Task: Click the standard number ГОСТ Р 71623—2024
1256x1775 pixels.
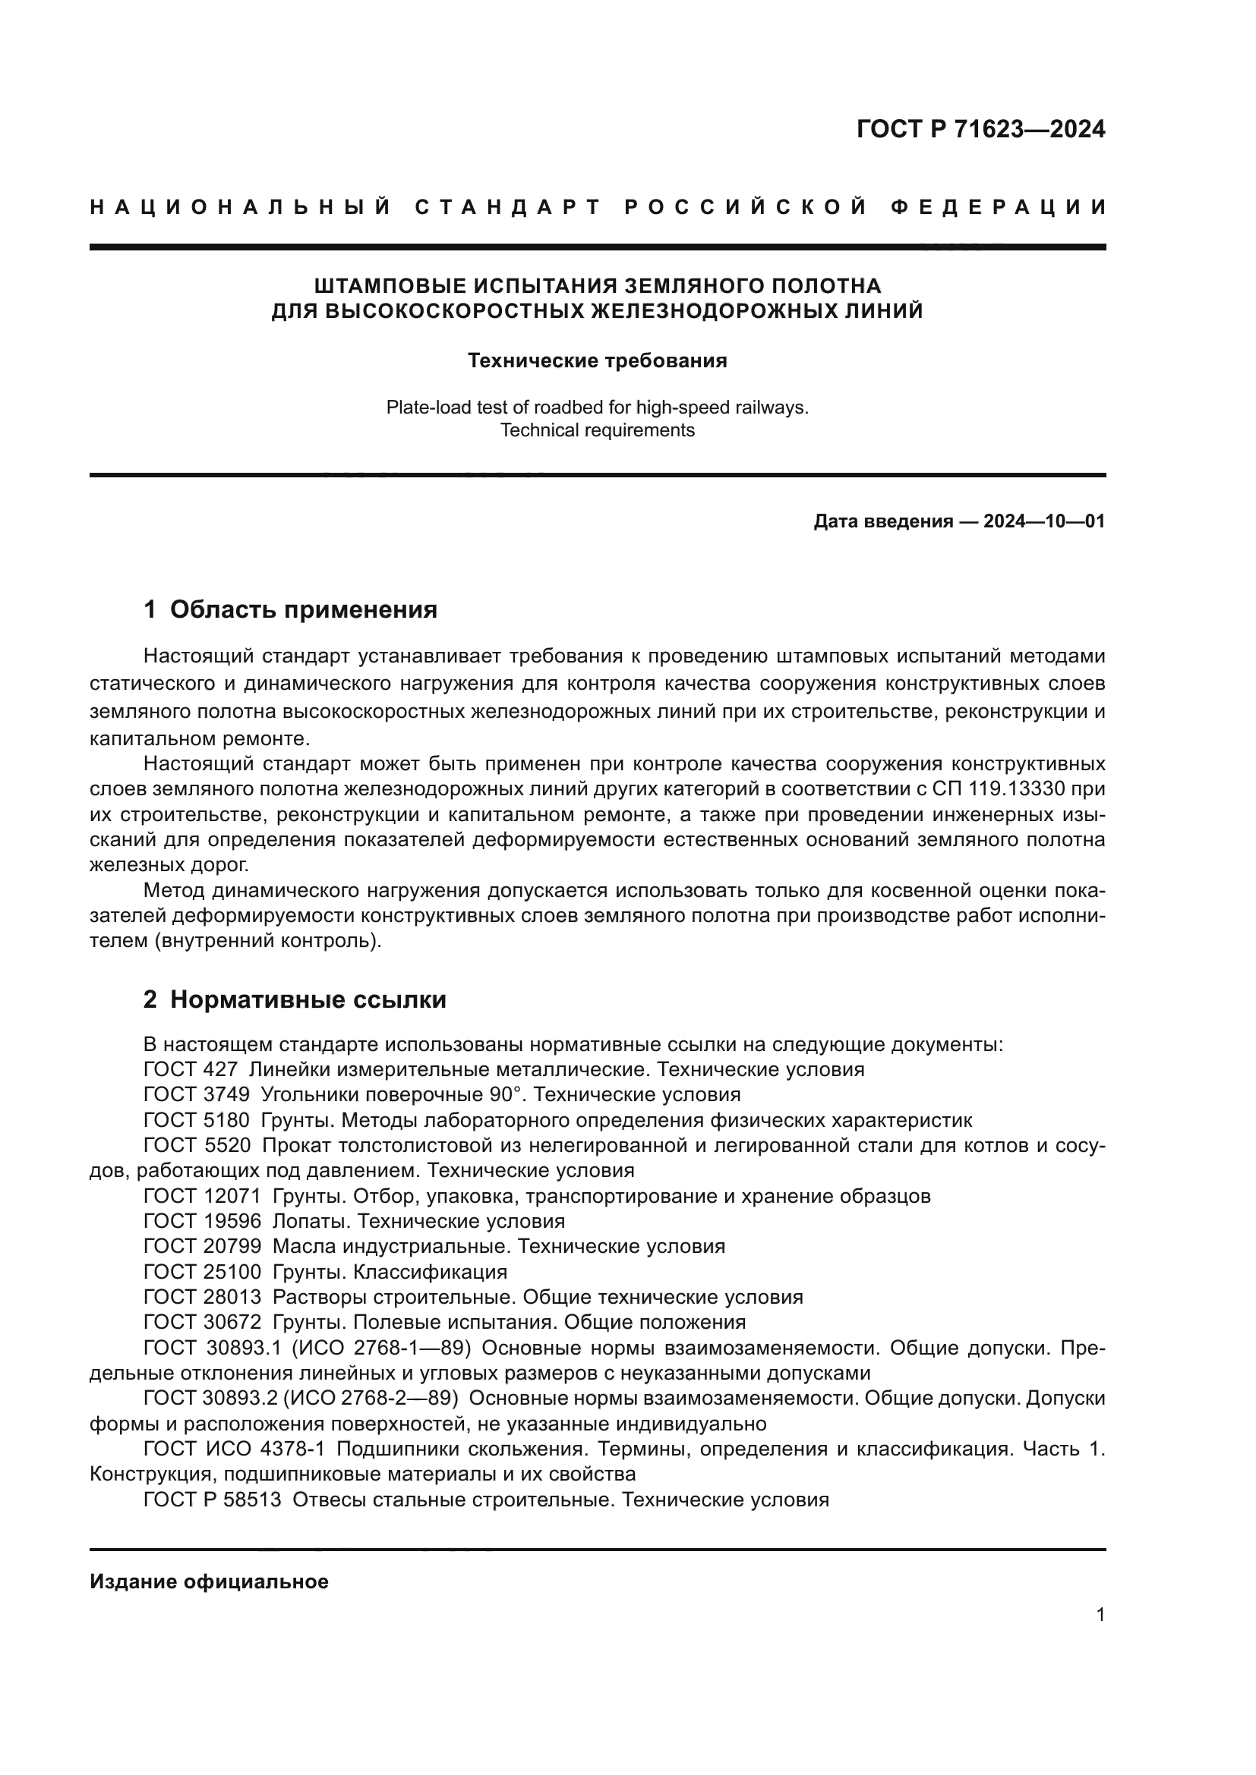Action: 980,129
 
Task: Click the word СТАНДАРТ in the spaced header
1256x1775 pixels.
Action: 508,207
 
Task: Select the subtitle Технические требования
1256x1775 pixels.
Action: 597,361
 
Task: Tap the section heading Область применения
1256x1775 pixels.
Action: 303,610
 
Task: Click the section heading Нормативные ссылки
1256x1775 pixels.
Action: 308,999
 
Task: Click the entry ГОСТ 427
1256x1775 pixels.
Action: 191,1070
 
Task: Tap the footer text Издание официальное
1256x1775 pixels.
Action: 209,1581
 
